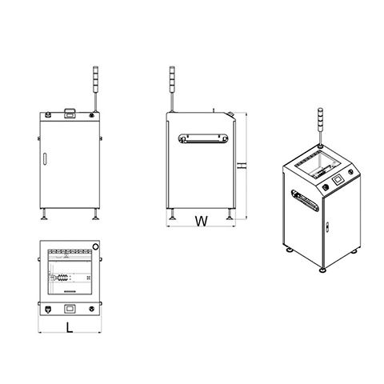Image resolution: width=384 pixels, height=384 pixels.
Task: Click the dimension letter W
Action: tap(202, 221)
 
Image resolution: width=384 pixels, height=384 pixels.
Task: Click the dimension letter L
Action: tap(70, 327)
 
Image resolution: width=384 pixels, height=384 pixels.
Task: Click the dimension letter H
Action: tap(242, 166)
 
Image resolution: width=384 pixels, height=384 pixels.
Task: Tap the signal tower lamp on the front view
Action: tap(95, 79)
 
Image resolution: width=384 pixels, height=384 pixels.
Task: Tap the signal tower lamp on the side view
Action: tap(172, 79)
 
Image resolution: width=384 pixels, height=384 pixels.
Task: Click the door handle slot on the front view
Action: tap(45, 159)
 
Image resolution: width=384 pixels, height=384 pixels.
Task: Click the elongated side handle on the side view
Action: tap(203, 138)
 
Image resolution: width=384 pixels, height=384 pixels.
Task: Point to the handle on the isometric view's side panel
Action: tap(305, 201)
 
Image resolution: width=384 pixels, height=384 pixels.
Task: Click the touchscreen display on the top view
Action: tap(70, 309)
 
